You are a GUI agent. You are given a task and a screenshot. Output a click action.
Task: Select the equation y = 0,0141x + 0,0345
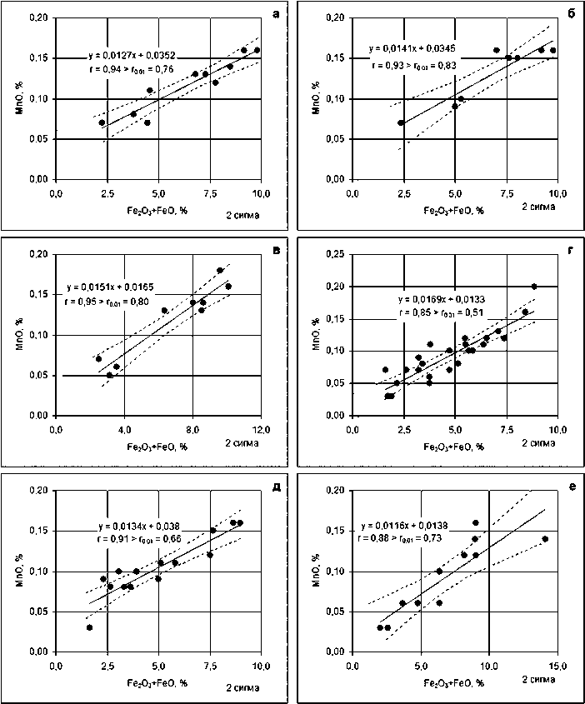coord(413,48)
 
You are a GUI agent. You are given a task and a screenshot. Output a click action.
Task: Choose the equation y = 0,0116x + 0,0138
coord(406,527)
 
